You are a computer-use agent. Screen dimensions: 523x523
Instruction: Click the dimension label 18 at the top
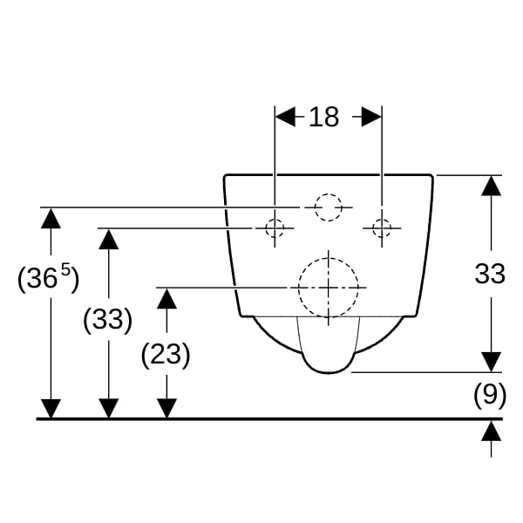324,117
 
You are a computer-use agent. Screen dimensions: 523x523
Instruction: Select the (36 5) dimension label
48,277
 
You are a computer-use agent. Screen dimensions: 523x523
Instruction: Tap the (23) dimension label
166,354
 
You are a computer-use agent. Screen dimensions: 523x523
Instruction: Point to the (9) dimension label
490,395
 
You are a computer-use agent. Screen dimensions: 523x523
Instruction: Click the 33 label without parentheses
490,274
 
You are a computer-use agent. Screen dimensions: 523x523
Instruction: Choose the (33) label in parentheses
108,319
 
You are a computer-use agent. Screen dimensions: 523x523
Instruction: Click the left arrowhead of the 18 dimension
286,117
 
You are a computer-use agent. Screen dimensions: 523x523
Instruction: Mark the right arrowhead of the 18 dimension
371,117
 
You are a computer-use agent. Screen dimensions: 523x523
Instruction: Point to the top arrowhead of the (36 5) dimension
51,218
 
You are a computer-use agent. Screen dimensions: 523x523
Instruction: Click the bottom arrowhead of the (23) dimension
166,408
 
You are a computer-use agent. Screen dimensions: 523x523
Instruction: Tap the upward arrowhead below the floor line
492,431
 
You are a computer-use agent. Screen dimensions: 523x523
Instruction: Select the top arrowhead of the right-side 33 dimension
492,186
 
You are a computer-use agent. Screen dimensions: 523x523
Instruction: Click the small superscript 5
66,269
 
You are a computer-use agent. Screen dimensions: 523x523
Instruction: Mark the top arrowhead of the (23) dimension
166,298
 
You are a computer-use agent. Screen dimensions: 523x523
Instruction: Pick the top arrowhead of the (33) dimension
109,239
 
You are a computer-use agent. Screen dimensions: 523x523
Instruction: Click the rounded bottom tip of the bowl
329,372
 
